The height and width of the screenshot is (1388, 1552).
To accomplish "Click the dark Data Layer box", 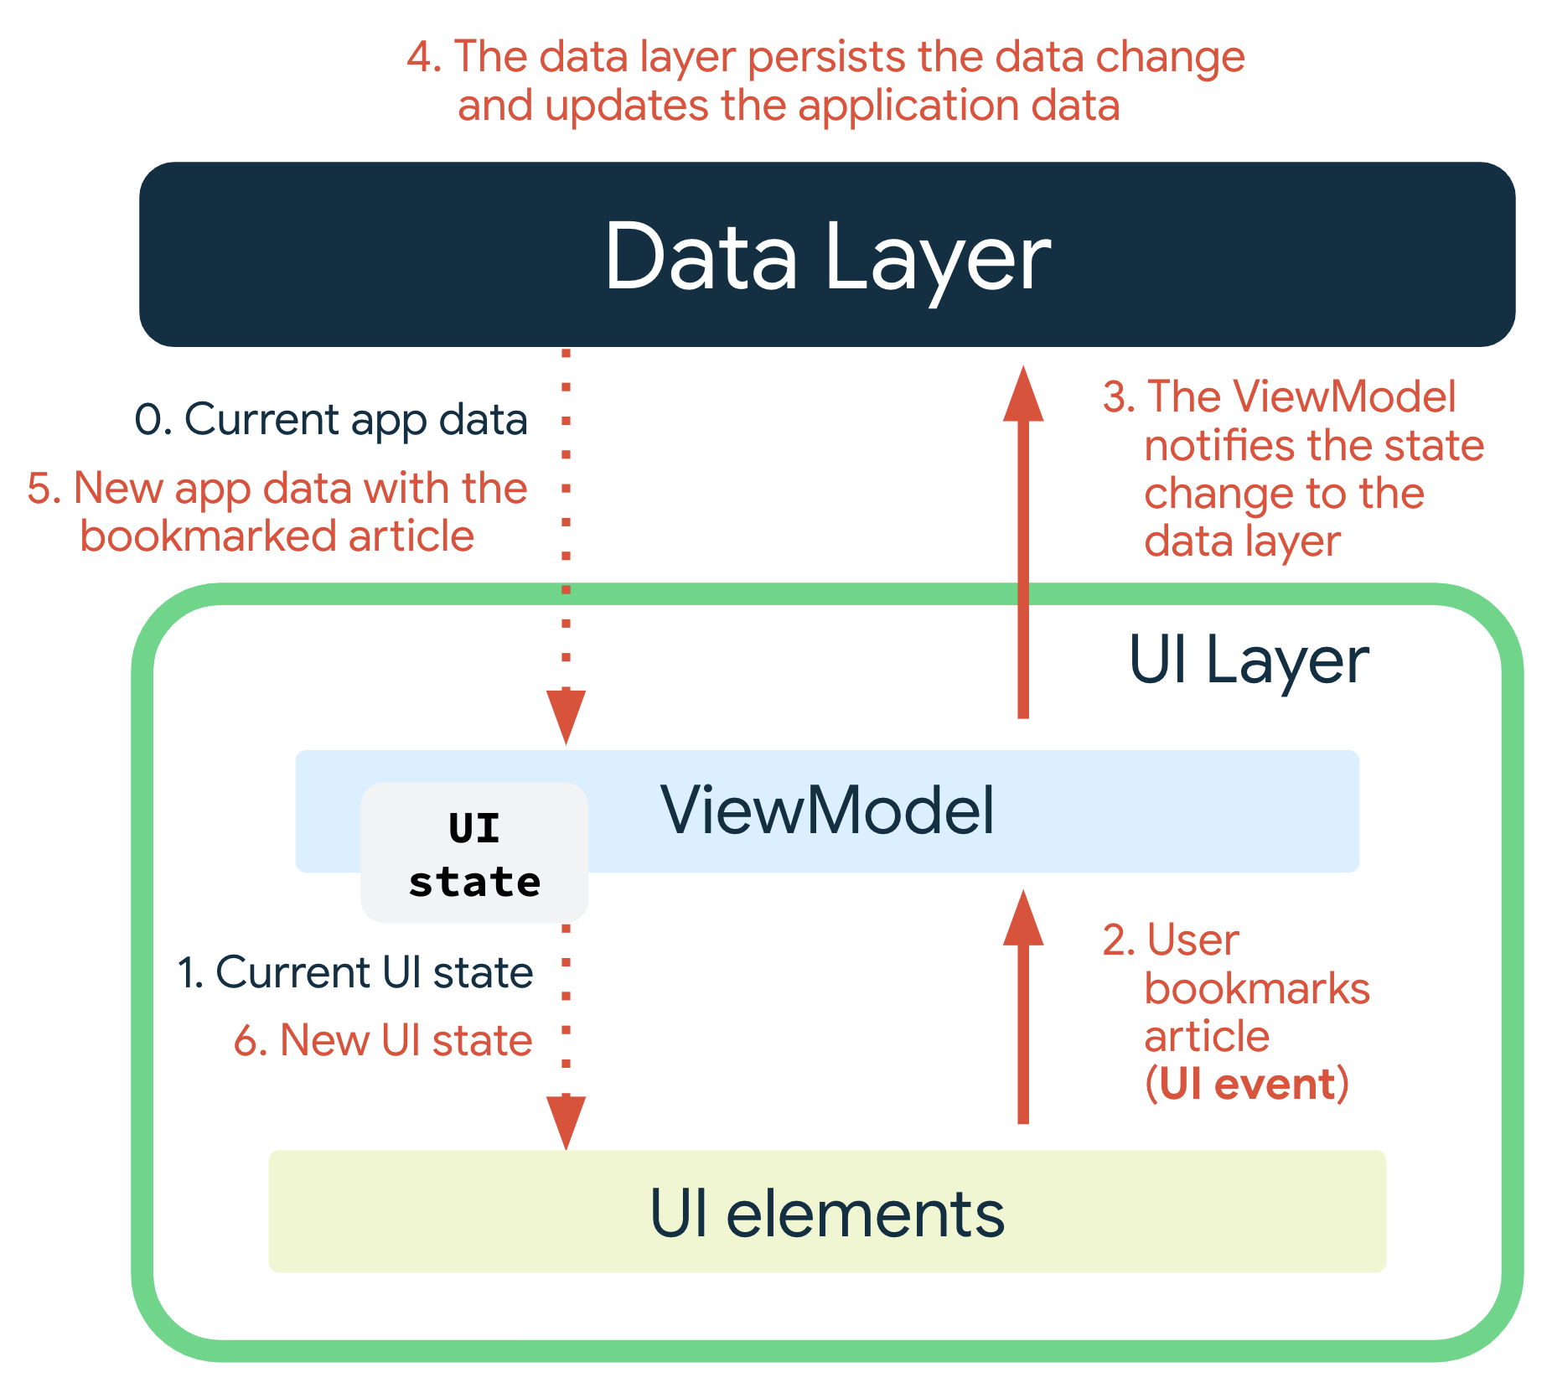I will (826, 254).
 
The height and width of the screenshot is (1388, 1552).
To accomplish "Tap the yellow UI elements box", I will (826, 1211).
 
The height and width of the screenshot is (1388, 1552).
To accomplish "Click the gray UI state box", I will (474, 853).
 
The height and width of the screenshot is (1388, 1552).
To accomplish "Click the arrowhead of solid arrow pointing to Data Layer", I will (1023, 394).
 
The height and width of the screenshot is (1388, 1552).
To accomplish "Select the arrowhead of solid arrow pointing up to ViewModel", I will (1023, 918).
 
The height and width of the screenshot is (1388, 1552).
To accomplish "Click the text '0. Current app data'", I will (331, 419).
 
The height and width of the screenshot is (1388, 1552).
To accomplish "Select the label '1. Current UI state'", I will (355, 972).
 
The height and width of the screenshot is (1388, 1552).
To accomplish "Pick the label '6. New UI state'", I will (383, 1040).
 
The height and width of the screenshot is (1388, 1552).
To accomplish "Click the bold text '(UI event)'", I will (1247, 1084).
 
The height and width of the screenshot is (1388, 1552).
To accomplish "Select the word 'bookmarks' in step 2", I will (1257, 989).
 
